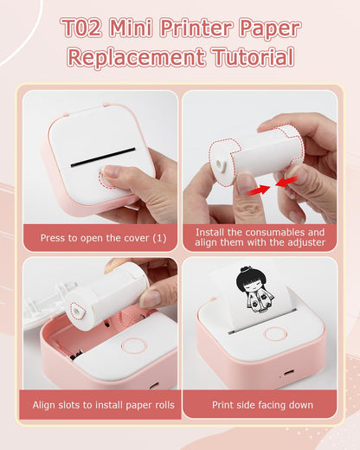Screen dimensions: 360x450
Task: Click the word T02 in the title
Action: tap(82, 28)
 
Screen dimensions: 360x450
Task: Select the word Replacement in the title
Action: tap(137, 57)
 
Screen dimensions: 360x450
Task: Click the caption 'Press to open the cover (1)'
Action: tap(103, 238)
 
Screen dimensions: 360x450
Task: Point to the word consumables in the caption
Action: tap(272, 232)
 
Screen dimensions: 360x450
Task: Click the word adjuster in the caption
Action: tap(306, 242)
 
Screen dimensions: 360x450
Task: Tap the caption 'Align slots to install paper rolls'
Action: tap(103, 405)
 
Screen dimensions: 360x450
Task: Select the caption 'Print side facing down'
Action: tap(262, 405)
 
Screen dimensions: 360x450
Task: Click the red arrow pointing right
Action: tap(259, 190)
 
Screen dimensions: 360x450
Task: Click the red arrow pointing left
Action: tap(286, 182)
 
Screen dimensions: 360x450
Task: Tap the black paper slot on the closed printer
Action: tap(103, 157)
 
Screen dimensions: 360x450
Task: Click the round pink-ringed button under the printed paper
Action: tap(275, 334)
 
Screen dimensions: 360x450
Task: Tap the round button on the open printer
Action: tap(134, 345)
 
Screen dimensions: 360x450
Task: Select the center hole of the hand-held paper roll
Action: tap(220, 164)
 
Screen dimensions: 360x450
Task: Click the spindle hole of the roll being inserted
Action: tap(77, 311)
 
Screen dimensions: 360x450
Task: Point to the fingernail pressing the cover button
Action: tap(111, 171)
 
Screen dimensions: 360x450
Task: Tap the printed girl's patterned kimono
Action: tap(259, 300)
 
